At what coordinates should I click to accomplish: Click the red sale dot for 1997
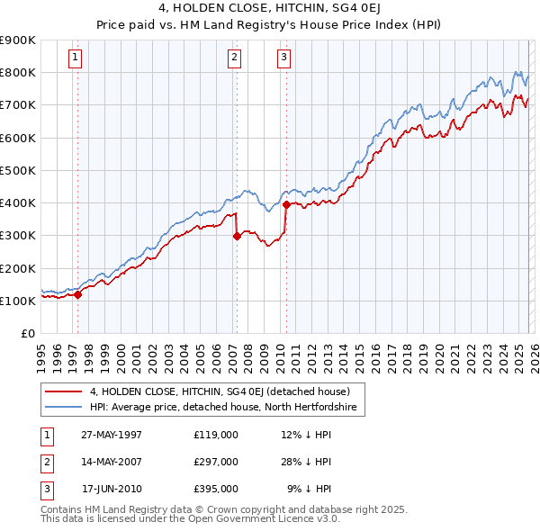click(78, 293)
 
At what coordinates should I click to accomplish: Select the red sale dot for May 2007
click(237, 237)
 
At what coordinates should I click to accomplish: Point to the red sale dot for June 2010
click(286, 204)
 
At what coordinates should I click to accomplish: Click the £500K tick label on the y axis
click(18, 170)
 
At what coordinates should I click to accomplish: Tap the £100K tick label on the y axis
click(18, 301)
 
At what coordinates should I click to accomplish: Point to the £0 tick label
click(27, 333)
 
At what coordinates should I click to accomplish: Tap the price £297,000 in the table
click(215, 462)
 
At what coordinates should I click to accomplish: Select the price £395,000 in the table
click(215, 489)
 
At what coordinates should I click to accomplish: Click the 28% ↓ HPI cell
click(306, 462)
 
